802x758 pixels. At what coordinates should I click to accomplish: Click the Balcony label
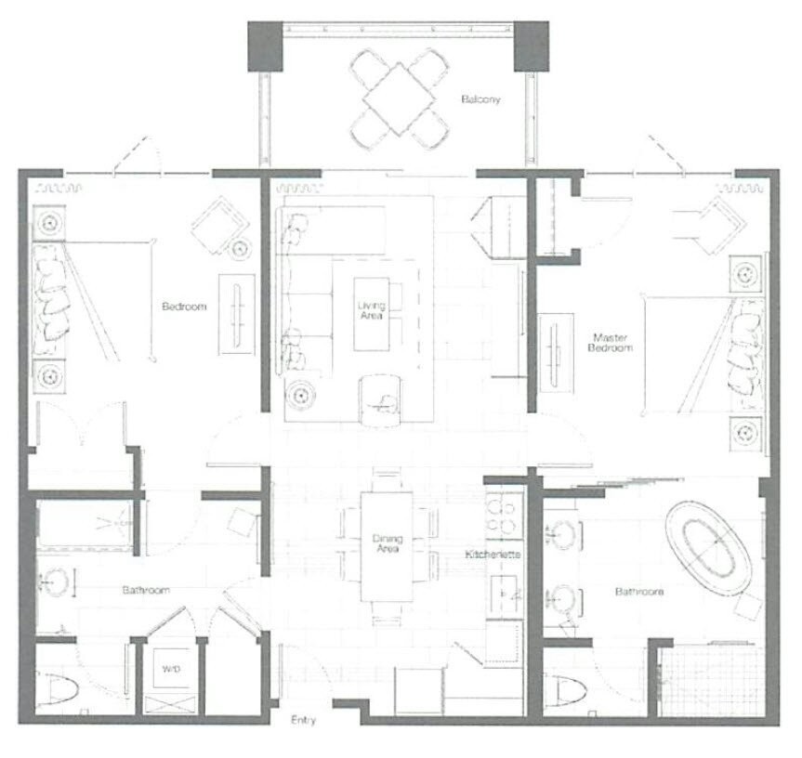pyautogui.click(x=480, y=99)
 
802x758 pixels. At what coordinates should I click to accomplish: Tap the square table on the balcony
pyautogui.click(x=400, y=99)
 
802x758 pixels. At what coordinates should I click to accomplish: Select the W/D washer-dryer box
pyautogui.click(x=171, y=669)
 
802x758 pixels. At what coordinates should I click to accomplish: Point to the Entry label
pyautogui.click(x=303, y=720)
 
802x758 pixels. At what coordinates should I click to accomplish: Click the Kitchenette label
pyautogui.click(x=493, y=555)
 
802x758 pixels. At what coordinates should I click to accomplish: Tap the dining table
pyautogui.click(x=387, y=546)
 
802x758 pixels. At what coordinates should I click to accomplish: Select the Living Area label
pyautogui.click(x=372, y=311)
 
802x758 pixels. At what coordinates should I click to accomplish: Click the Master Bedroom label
pyautogui.click(x=610, y=343)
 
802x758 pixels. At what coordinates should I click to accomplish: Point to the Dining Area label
pyautogui.click(x=388, y=543)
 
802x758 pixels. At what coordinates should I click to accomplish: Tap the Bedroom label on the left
pyautogui.click(x=184, y=307)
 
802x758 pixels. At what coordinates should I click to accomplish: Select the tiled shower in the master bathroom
pyautogui.click(x=712, y=681)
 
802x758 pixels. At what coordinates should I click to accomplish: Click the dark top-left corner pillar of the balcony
pyautogui.click(x=265, y=46)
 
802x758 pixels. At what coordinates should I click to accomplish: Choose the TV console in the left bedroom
pyautogui.click(x=237, y=314)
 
